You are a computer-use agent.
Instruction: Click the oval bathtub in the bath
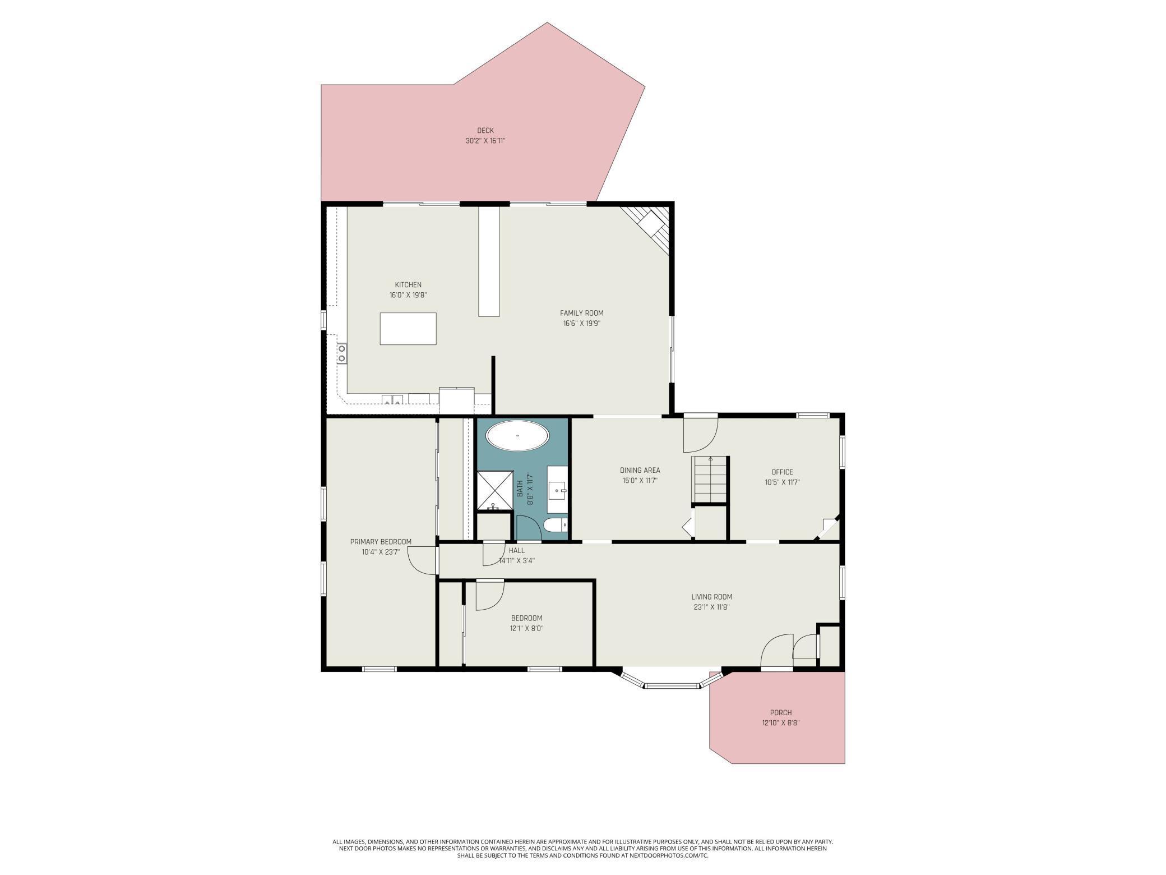coord(517,435)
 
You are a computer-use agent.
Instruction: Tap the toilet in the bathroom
coord(555,526)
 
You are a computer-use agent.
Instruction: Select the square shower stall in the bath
coord(494,489)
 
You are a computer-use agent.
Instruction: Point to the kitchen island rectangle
coord(408,329)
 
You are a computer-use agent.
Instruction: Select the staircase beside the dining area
coord(710,480)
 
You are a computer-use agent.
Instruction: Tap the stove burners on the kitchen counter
coord(341,353)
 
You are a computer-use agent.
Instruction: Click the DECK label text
coord(485,131)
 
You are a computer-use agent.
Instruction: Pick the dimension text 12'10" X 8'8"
coord(780,723)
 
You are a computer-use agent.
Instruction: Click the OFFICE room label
coord(782,472)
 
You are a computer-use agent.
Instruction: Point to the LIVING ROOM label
coord(711,597)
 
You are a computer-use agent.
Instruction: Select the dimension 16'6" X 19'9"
coord(582,323)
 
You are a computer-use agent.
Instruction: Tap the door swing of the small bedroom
coord(489,595)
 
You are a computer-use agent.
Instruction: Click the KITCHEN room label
coord(408,285)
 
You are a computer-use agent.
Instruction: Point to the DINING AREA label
coord(640,470)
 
